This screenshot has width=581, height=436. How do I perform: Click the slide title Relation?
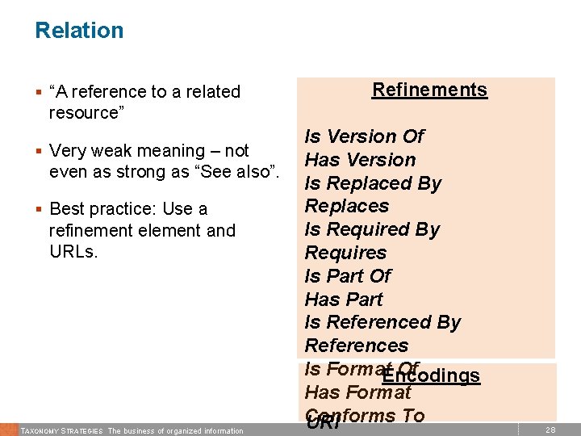[79, 31]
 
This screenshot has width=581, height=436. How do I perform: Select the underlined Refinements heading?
[429, 90]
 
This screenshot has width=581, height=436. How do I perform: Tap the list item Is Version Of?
[364, 136]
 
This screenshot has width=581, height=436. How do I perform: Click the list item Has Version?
[360, 160]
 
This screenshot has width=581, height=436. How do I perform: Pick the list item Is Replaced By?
[373, 183]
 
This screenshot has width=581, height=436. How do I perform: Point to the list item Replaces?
[346, 206]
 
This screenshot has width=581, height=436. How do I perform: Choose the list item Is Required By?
[372, 229]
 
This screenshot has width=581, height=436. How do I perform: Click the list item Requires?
[345, 253]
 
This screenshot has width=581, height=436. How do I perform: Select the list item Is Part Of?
[347, 276]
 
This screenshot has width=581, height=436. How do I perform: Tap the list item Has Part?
[343, 300]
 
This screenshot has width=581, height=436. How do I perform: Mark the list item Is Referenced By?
[382, 323]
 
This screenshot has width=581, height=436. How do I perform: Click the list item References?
[356, 346]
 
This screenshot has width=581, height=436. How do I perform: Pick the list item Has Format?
[357, 393]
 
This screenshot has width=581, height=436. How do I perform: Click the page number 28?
[550, 430]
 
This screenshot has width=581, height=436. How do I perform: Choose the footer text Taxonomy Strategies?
[61, 431]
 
